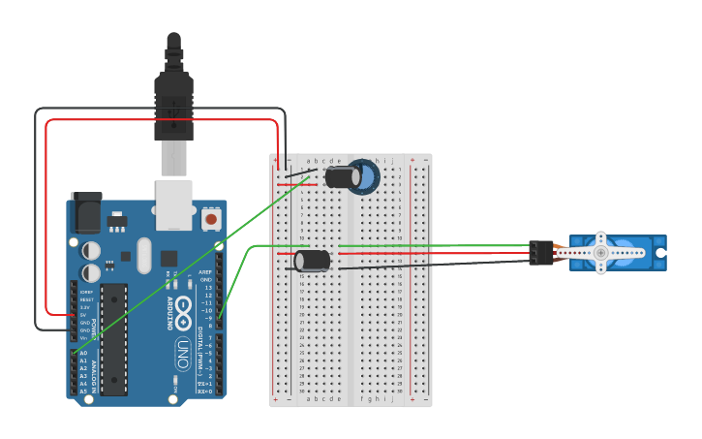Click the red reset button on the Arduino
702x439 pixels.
(211, 219)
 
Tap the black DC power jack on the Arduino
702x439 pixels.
(87, 211)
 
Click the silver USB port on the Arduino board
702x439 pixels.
(174, 204)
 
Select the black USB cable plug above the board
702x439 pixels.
(173, 107)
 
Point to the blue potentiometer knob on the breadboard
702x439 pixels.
(364, 176)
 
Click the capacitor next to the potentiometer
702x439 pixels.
(341, 177)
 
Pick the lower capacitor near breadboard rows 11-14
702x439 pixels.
(312, 260)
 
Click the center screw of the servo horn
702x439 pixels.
(600, 253)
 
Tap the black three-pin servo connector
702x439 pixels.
(540, 253)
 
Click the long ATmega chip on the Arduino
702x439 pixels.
(114, 339)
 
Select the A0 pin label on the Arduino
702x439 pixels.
(83, 354)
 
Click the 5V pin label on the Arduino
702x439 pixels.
(84, 315)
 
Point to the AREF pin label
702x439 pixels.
(205, 272)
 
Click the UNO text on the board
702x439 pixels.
(182, 354)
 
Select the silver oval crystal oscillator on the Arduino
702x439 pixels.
(144, 256)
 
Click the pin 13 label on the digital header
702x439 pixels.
(207, 288)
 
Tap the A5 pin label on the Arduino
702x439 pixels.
(83, 392)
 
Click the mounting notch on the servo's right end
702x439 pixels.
(661, 253)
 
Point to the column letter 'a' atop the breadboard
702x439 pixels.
(308, 160)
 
